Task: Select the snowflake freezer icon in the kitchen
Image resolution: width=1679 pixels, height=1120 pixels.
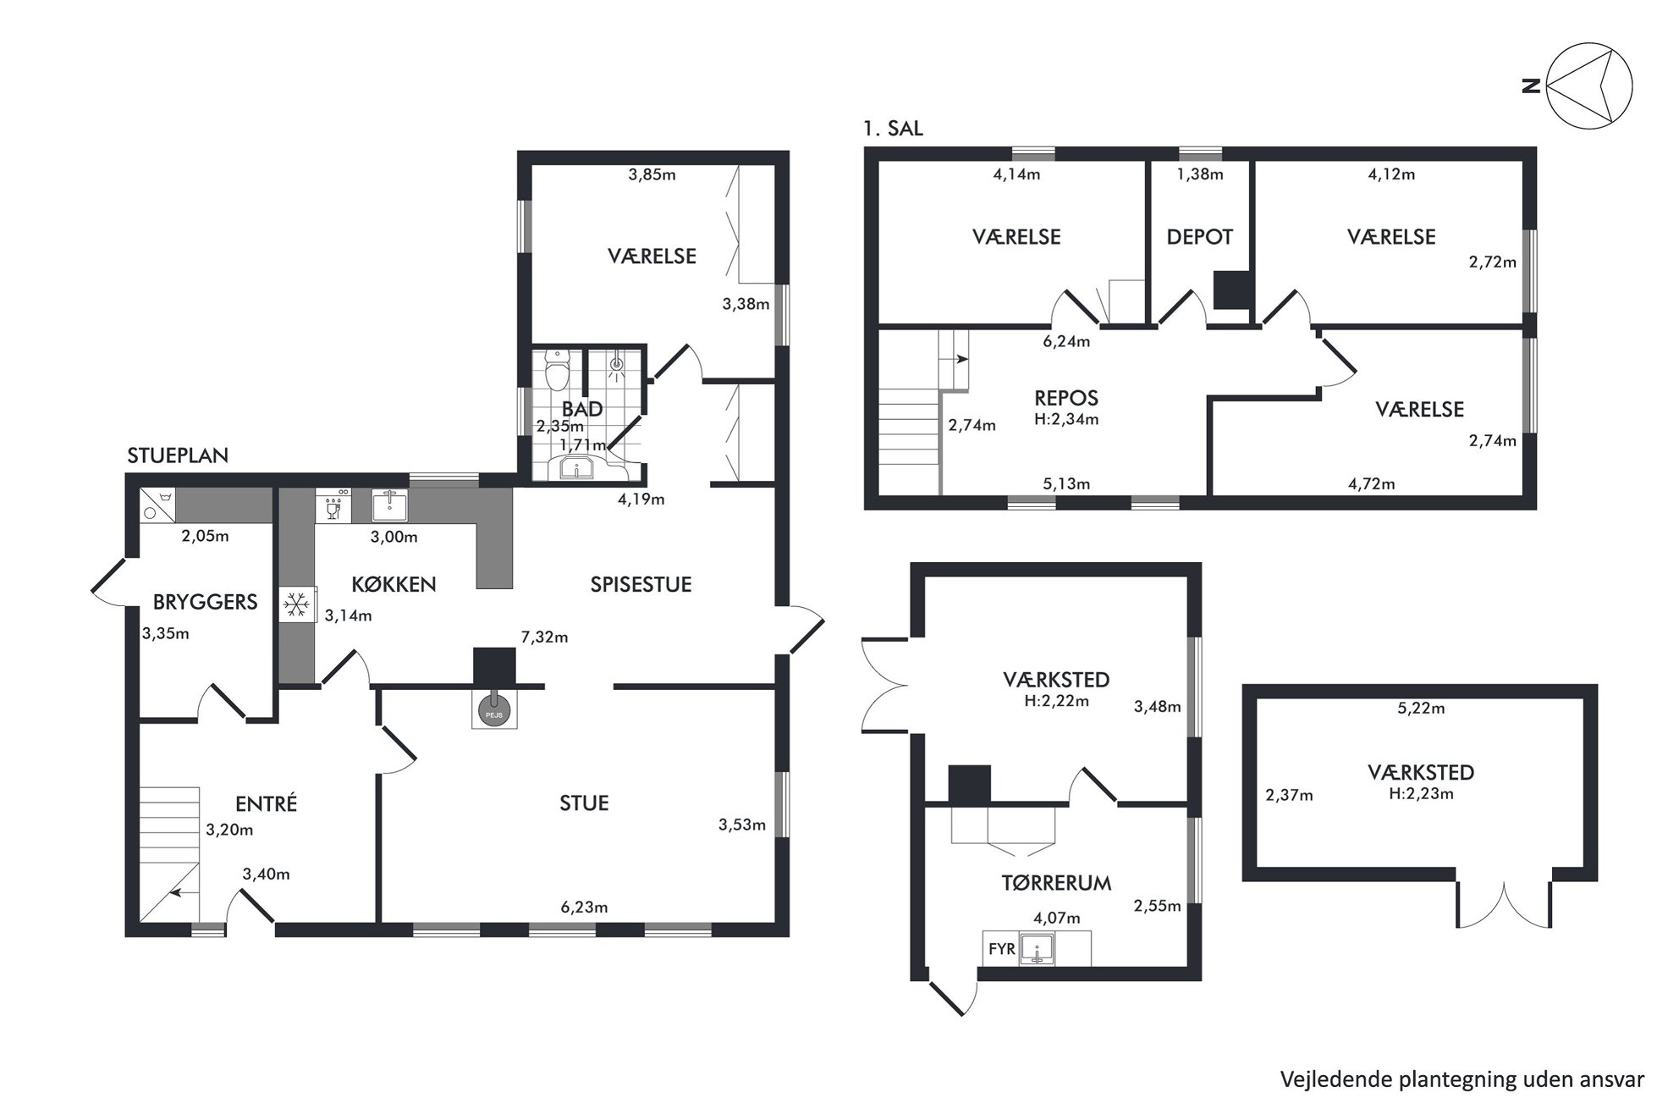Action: [x=296, y=604]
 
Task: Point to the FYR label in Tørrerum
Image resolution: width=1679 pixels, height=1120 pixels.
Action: [x=1002, y=949]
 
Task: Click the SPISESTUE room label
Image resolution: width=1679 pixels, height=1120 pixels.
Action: [x=641, y=584]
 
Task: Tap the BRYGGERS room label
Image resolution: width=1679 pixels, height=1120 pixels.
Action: [x=205, y=602]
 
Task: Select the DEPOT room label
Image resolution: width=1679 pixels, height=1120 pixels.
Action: [x=1199, y=237]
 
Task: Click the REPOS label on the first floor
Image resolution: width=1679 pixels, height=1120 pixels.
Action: [x=1066, y=398]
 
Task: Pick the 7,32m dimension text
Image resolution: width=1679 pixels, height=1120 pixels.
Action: [x=544, y=637]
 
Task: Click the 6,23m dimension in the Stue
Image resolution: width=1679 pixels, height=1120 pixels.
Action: [x=584, y=908]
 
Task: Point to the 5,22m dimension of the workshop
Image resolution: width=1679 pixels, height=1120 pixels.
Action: [x=1421, y=709]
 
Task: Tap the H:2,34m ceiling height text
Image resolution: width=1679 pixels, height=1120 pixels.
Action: [x=1066, y=419]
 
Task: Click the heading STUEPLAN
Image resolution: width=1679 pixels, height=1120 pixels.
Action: [x=178, y=455]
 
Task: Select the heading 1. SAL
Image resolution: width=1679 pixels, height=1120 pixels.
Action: [x=893, y=129]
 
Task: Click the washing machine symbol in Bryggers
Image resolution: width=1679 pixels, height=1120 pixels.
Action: [x=158, y=505]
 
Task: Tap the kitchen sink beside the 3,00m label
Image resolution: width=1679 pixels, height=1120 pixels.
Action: [x=389, y=505]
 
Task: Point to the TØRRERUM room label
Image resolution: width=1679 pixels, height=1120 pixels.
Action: [x=1056, y=883]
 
